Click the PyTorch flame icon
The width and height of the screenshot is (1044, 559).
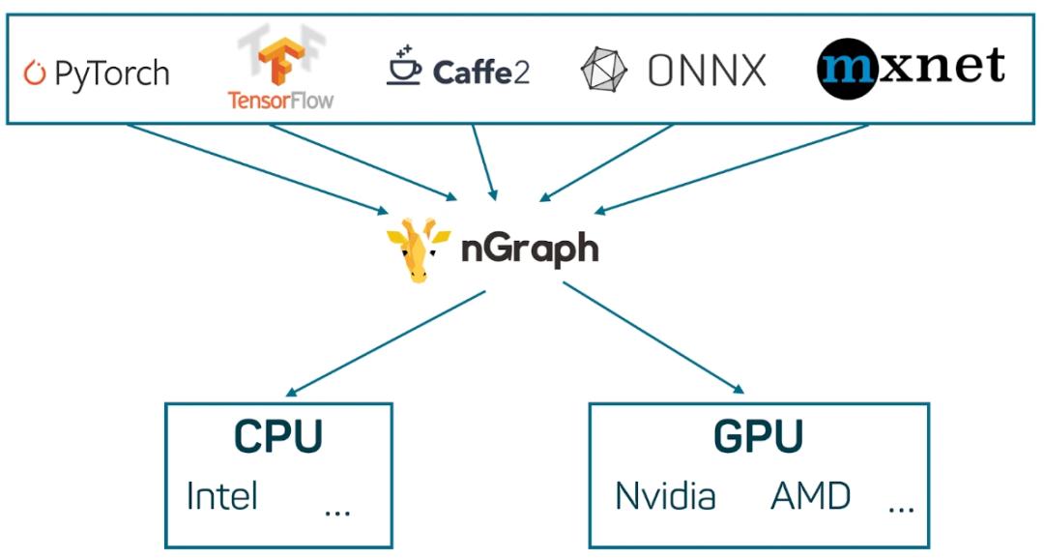click(x=36, y=74)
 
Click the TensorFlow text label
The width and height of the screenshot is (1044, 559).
click(x=280, y=100)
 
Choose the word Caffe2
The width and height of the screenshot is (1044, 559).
click(x=481, y=72)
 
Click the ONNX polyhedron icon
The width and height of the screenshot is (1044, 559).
click(x=603, y=70)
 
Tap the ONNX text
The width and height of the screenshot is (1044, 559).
click(x=707, y=71)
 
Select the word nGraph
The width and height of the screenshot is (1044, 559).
click(x=529, y=250)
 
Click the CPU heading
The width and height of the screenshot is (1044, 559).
click(x=277, y=437)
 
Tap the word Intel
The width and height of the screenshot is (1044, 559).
click(x=221, y=496)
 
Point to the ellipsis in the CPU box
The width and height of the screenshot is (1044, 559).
click(x=337, y=509)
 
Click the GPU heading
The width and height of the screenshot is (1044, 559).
click(x=758, y=437)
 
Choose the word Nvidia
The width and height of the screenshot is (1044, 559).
click(x=665, y=496)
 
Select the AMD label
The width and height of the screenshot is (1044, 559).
click(x=810, y=496)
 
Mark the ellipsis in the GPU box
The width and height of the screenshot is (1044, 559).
click(x=900, y=509)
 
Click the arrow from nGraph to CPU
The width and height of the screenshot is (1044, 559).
click(x=387, y=342)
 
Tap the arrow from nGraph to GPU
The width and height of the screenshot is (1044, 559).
click(x=653, y=338)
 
